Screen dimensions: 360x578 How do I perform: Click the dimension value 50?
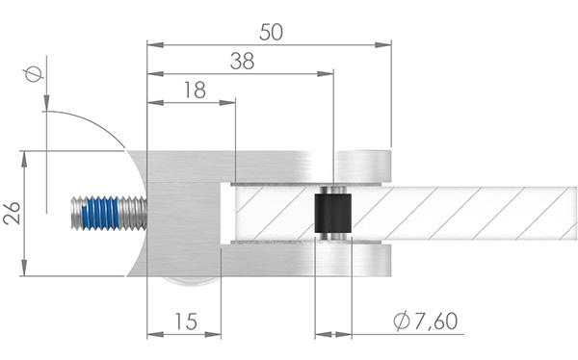click(272, 31)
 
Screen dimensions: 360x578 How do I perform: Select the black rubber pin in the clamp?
click(333, 213)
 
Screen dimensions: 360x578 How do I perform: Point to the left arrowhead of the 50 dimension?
click(152, 43)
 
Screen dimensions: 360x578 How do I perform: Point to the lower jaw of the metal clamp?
click(279, 260)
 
